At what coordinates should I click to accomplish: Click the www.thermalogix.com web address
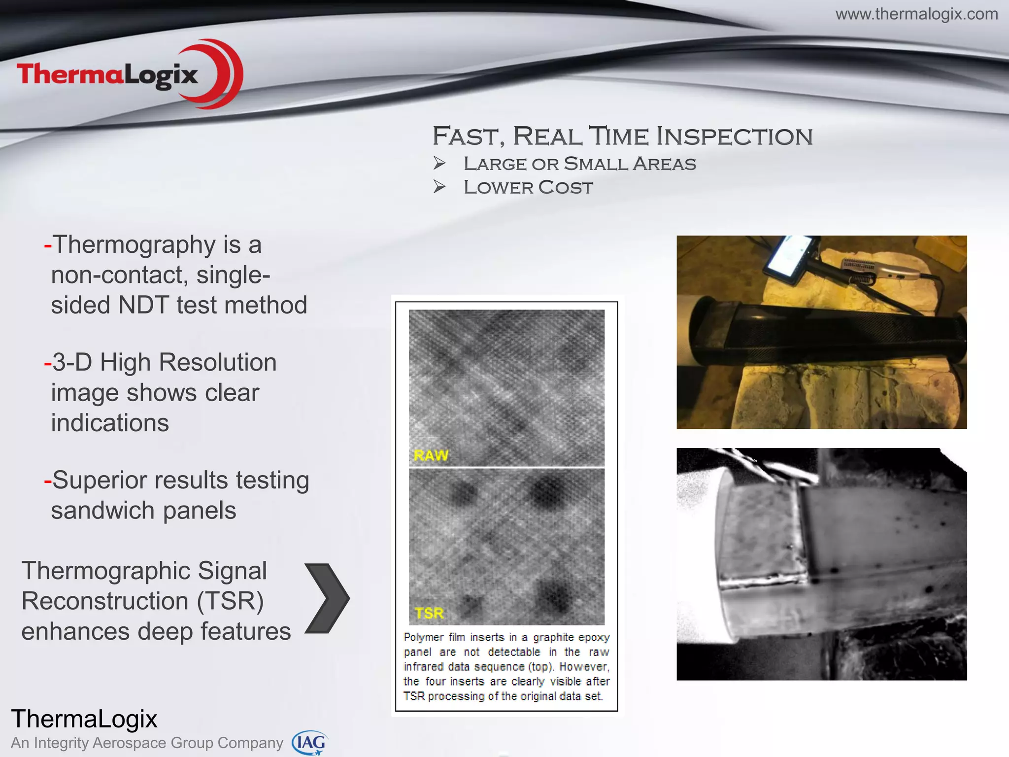tap(916, 14)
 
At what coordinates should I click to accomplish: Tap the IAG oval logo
tap(309, 743)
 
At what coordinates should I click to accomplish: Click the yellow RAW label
tap(431, 455)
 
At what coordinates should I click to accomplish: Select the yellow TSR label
tap(429, 613)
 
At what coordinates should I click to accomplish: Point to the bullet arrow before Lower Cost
tap(439, 187)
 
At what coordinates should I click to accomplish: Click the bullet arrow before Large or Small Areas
tap(439, 163)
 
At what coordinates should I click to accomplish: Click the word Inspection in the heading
tap(735, 136)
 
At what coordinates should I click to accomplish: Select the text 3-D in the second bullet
tap(72, 362)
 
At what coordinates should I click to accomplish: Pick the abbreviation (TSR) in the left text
tap(230, 601)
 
